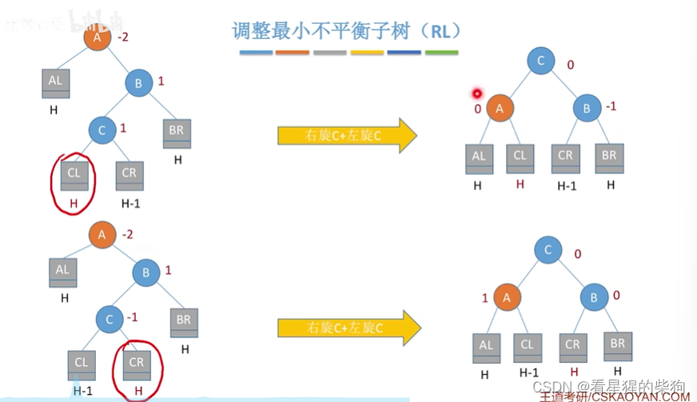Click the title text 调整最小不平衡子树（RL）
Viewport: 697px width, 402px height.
coord(345,31)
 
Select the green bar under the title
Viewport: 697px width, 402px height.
coord(441,54)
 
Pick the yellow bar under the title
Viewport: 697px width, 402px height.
coord(368,54)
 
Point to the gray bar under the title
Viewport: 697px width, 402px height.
coord(330,54)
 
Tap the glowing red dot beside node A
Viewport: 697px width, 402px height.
coord(478,94)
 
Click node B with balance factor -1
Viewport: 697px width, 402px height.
coord(586,108)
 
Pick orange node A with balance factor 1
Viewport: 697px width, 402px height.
coord(507,298)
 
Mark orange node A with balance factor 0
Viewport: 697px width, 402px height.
coord(500,108)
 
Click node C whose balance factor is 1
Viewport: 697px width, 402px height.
coord(102,130)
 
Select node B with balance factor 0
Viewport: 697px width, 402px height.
coord(594,299)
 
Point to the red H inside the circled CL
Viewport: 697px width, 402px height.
coord(74,203)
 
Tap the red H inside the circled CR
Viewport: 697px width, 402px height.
coord(137,391)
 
